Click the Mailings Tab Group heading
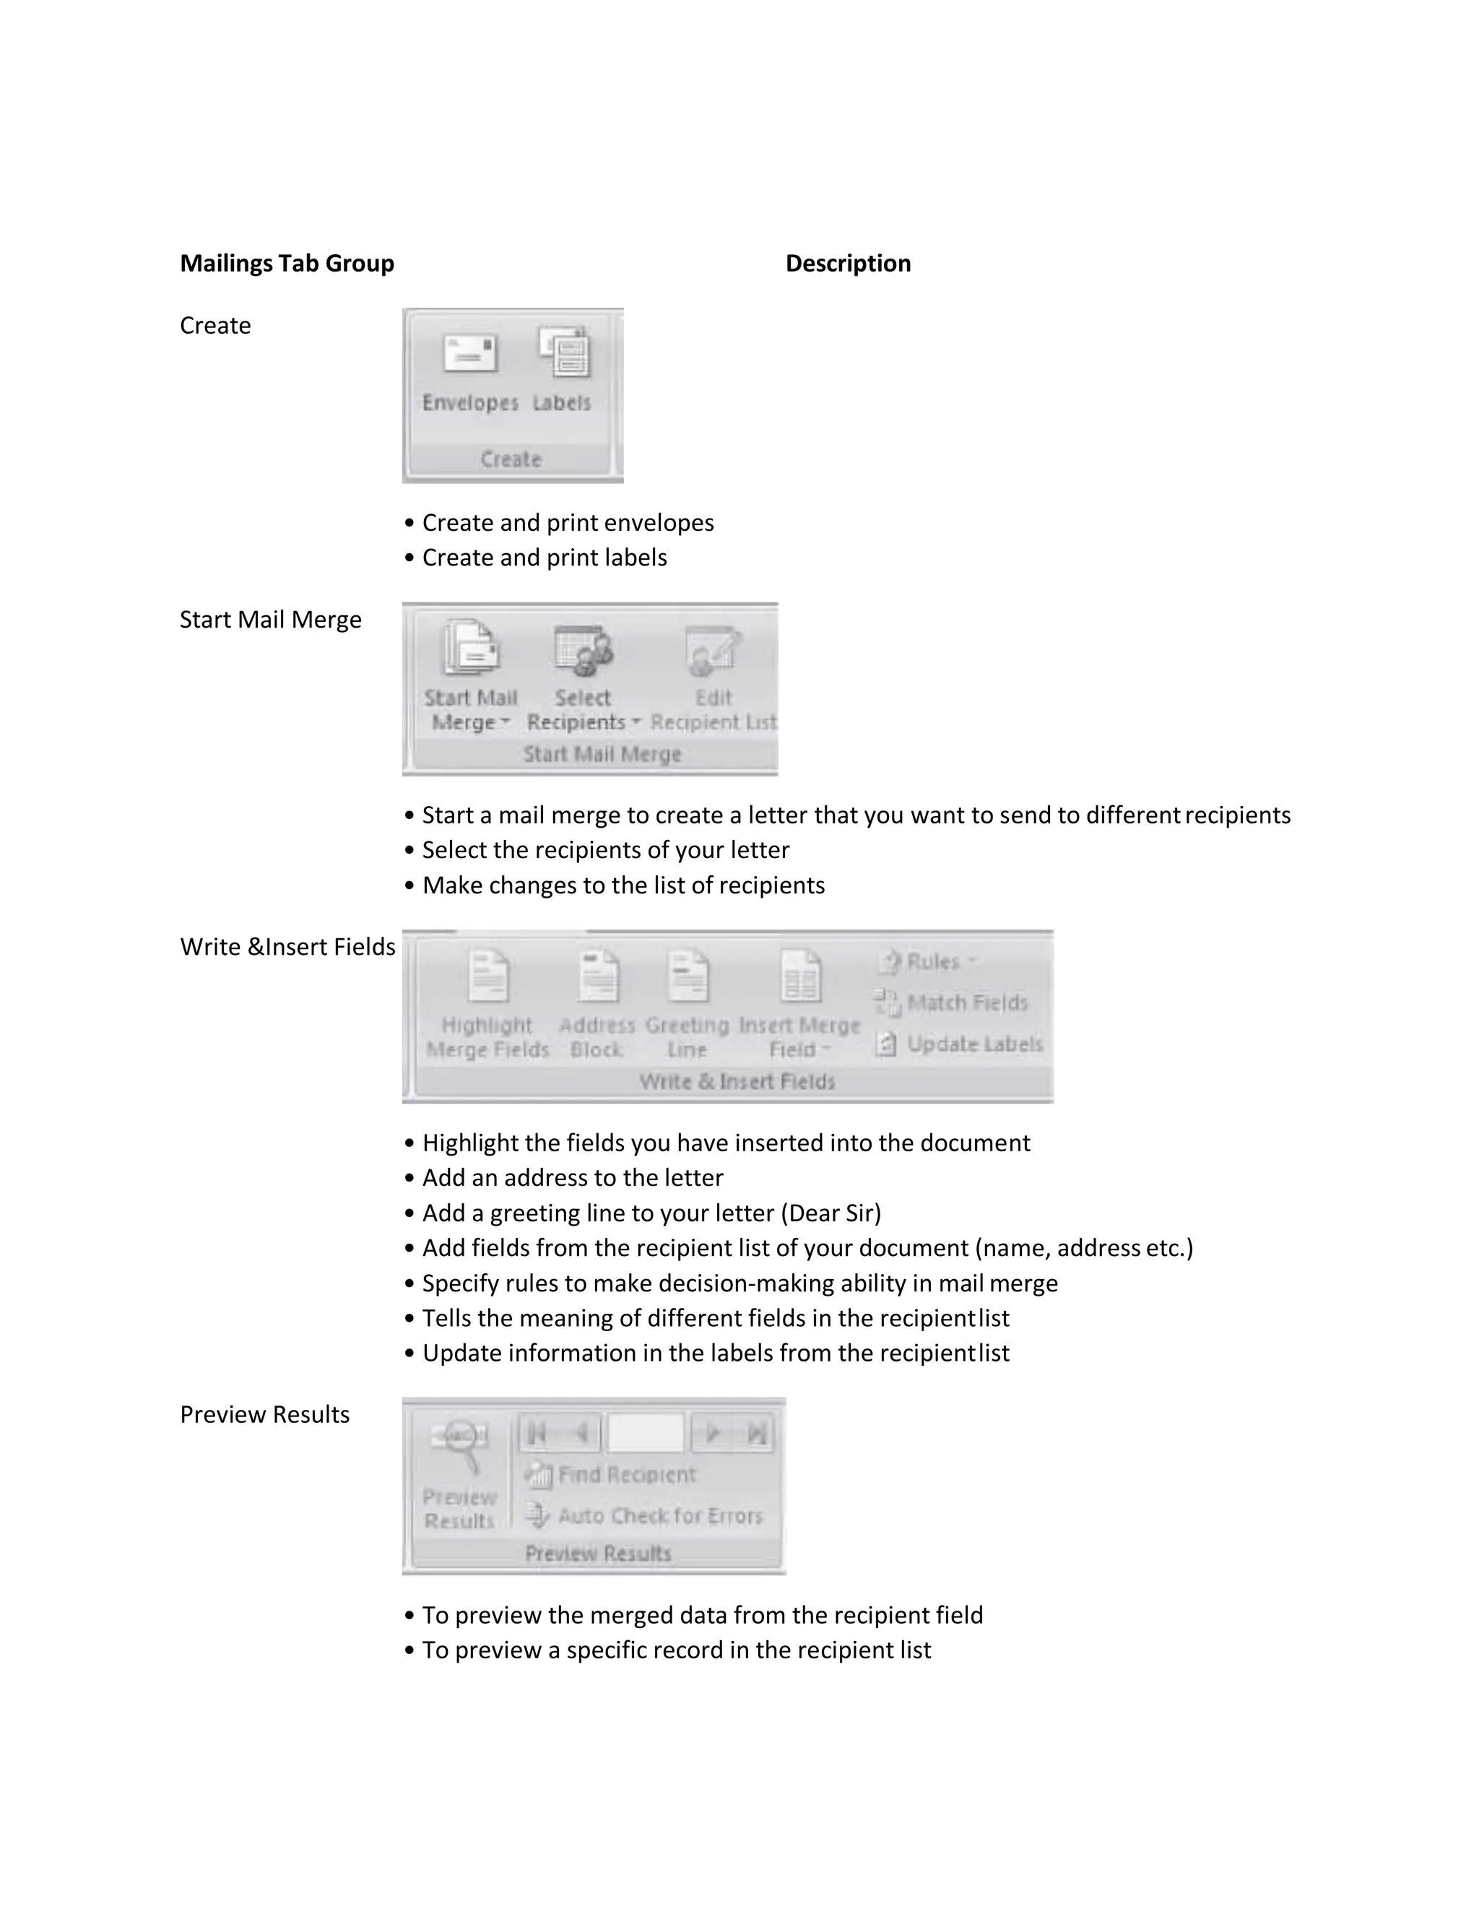[x=287, y=263]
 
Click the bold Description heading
[x=847, y=263]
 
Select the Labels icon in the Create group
[x=564, y=352]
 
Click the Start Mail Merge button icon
[x=471, y=649]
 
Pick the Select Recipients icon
[x=583, y=650]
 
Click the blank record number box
[x=646, y=1433]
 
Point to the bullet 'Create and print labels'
[x=544, y=558]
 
